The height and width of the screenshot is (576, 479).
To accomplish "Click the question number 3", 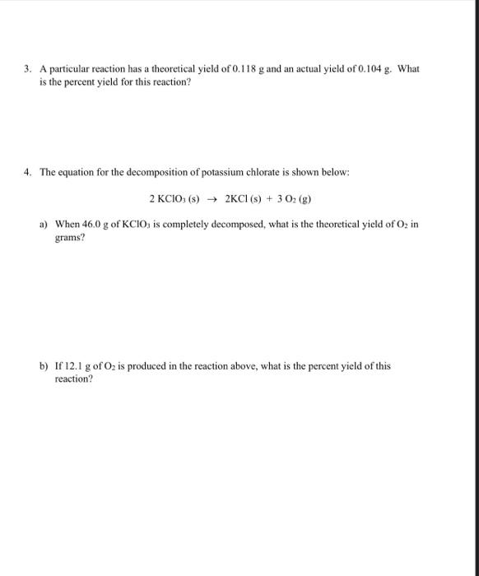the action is [27, 69].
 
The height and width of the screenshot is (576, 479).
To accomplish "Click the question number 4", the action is [27, 173].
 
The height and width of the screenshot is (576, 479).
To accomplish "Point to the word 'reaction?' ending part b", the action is [73, 380].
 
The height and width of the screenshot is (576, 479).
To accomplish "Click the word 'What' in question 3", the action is [408, 69].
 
